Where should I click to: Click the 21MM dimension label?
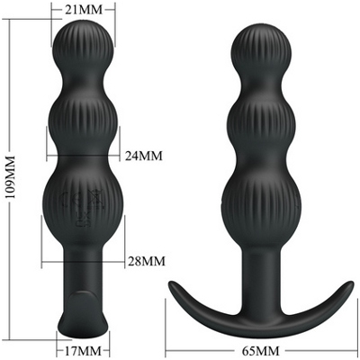[84, 10]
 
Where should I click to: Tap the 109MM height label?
[11, 176]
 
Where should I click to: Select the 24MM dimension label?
[144, 156]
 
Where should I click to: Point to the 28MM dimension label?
[147, 261]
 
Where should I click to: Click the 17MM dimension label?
[82, 350]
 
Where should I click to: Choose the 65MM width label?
[260, 350]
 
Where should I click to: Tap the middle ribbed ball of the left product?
[83, 120]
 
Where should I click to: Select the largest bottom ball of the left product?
[82, 204]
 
